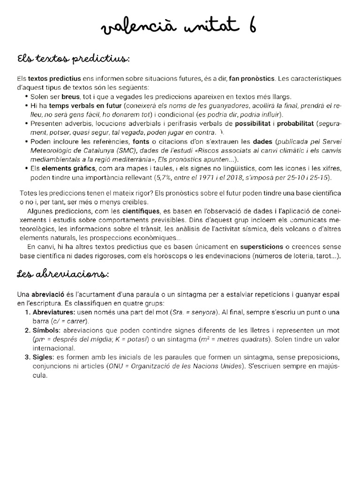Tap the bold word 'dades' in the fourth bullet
(x=262, y=142)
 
